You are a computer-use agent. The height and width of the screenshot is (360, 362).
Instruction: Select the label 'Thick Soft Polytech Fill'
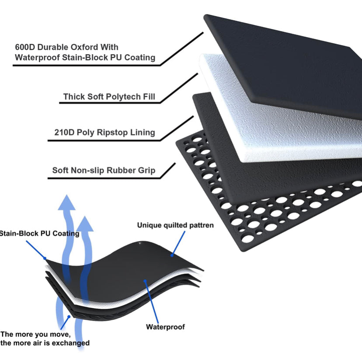109,96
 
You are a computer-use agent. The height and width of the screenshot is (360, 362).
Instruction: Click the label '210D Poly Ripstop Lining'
104,132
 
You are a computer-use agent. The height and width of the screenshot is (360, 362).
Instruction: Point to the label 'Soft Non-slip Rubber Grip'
103,170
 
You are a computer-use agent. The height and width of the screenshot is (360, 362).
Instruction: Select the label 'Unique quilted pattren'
175,225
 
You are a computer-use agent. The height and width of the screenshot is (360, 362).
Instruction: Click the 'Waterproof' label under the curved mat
165,326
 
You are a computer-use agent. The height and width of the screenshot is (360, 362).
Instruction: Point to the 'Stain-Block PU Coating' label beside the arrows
39,233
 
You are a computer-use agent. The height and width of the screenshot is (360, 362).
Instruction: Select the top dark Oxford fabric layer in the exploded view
289,57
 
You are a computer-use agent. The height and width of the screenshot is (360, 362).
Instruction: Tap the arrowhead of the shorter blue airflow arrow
87,224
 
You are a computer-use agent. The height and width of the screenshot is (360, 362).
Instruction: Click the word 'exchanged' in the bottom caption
72,343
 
